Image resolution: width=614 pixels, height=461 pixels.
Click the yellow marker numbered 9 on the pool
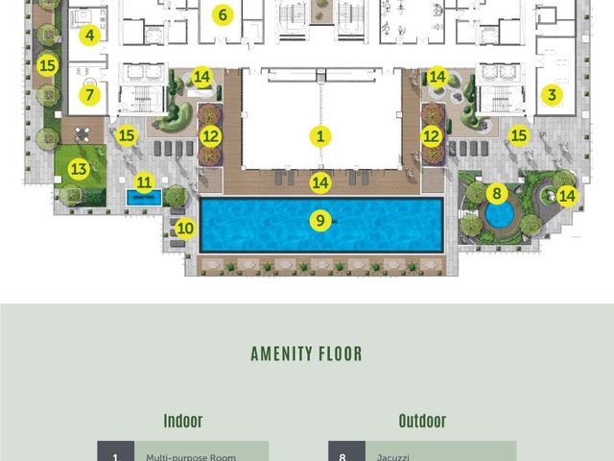pos(320,220)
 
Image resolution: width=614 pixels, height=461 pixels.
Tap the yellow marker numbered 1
pos(320,136)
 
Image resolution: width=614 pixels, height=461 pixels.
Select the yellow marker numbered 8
pos(497,193)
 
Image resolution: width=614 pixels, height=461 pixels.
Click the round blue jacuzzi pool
pos(499,215)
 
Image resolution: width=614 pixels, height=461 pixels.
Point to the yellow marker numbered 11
pos(144,182)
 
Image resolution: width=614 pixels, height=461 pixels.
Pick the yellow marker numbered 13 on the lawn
pos(79,169)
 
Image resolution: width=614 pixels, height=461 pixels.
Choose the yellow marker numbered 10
pos(185,229)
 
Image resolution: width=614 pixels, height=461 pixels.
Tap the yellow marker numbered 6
pos(223,15)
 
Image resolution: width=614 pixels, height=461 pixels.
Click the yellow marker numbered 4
pos(89,35)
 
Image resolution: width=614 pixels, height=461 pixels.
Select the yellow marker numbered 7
pos(89,94)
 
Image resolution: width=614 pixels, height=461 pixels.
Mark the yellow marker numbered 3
pos(552,94)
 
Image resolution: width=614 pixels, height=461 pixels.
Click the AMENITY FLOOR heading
pos(306,353)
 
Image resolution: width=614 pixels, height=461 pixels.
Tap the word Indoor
pos(183,421)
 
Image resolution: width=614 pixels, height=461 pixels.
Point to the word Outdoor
pos(422,421)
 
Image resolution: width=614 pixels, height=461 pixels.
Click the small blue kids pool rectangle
pos(144,198)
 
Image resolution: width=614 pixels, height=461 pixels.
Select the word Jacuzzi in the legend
pos(393,457)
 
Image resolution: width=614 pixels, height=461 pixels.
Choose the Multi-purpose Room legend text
pos(191,457)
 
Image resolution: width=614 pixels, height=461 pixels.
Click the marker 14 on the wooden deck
pos(320,182)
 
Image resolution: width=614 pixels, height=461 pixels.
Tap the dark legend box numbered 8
pos(346,450)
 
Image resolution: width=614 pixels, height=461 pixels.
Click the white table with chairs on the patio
pos(83,134)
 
